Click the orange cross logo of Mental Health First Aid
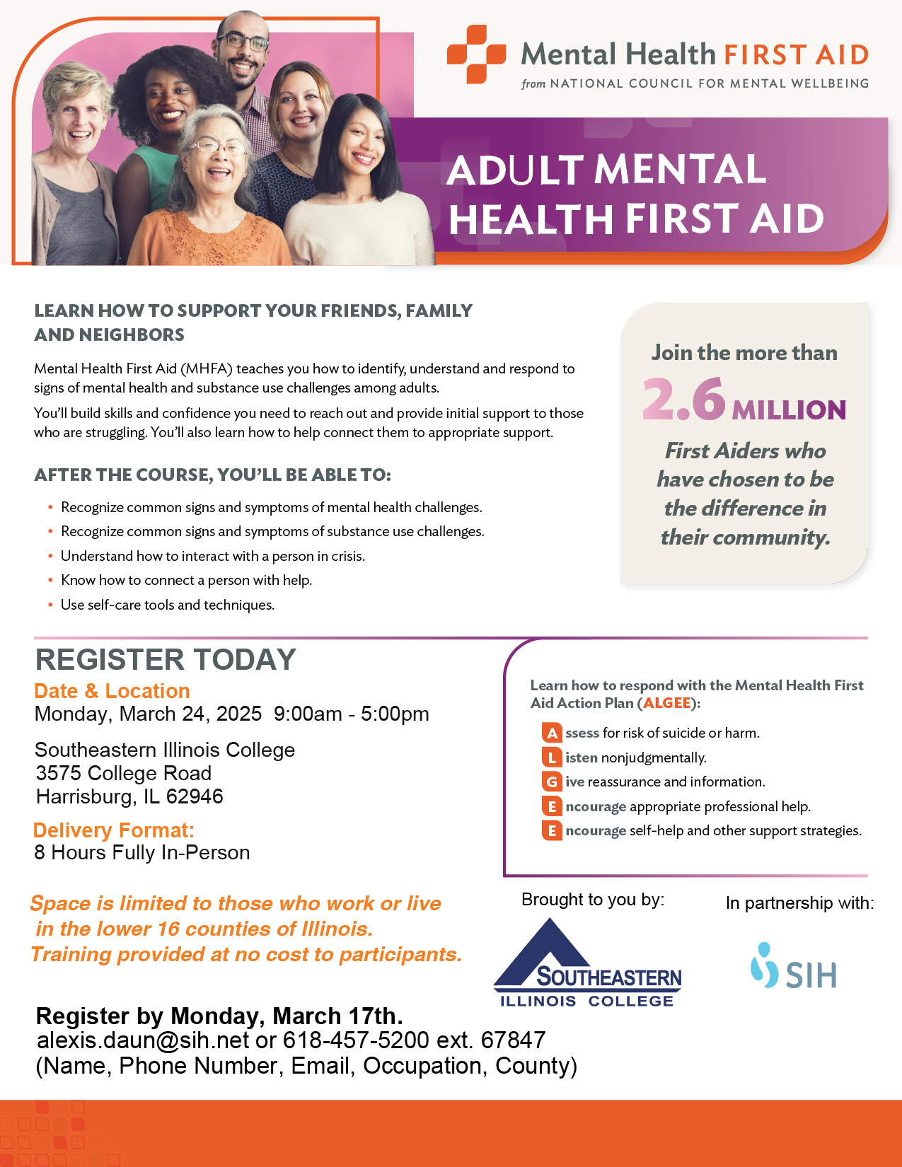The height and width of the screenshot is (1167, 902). click(476, 54)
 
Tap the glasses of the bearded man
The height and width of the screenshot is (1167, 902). click(243, 41)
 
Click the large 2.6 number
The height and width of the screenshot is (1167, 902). click(683, 400)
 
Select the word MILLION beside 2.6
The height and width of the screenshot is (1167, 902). click(789, 410)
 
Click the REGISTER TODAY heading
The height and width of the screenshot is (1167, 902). click(166, 659)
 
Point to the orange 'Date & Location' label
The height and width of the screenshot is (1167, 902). click(112, 691)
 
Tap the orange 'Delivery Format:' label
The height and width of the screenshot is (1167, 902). click(114, 830)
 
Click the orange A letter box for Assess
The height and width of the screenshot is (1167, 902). click(552, 733)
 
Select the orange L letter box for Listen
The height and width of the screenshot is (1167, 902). click(552, 757)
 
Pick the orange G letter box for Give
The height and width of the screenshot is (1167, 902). click(552, 782)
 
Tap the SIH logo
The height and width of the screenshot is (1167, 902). click(793, 966)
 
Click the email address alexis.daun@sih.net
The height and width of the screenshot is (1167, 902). click(143, 1040)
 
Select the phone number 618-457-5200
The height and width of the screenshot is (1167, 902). click(356, 1040)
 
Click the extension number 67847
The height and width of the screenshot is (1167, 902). click(513, 1040)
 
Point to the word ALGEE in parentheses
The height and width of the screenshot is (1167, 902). click(667, 703)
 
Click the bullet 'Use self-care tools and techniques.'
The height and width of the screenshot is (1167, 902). click(168, 605)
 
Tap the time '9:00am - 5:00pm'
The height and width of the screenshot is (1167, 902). click(351, 714)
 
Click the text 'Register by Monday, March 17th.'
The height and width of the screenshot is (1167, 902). click(219, 1016)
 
